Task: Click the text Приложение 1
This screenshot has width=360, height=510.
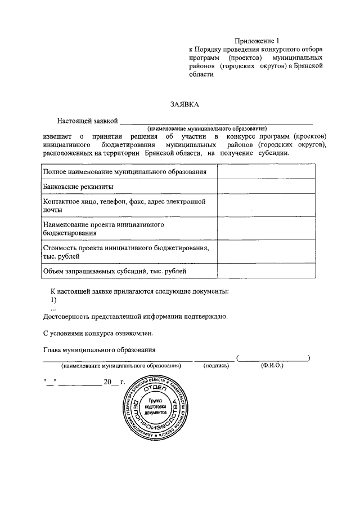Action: coord(256,40)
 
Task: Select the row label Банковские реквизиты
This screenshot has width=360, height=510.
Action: coord(79,186)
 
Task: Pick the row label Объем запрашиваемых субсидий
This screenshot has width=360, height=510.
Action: coord(115,271)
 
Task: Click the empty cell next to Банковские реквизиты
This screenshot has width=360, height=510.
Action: coord(265,186)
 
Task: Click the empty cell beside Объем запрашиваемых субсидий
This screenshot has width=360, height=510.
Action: coord(265,271)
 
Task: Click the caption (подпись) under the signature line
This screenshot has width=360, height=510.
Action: coord(216,365)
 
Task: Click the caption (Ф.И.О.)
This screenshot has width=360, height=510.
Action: coord(272,365)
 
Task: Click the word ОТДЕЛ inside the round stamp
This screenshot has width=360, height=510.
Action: coord(155,390)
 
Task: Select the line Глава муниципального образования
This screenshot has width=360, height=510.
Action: coord(100,349)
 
